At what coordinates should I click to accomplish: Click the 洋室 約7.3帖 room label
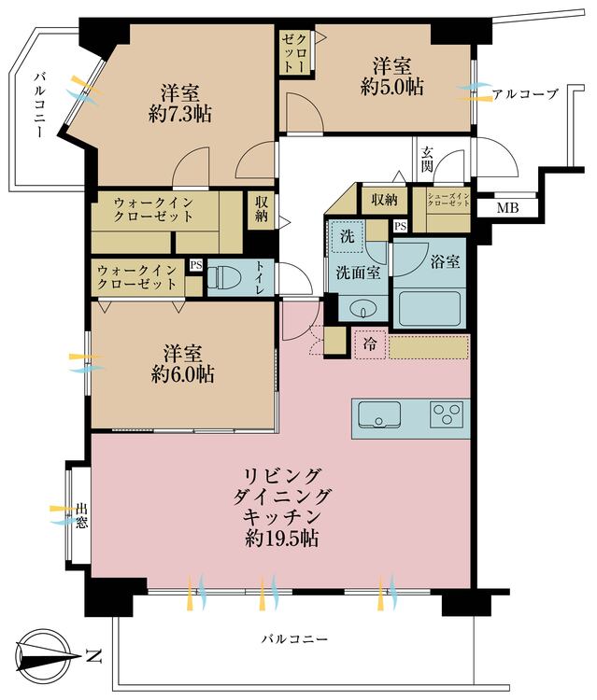coord(180,104)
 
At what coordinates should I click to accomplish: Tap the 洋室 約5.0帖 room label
coord(392,77)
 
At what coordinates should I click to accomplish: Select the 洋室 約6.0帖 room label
coord(182,364)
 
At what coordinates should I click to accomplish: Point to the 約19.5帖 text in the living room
coord(282,539)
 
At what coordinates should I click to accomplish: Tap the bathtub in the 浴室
coord(430,309)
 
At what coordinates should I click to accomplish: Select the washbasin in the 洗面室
coord(362,309)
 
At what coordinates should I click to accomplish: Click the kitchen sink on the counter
coord(379,415)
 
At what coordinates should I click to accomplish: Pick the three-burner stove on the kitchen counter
coord(446,414)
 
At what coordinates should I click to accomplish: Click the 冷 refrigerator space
coord(370,344)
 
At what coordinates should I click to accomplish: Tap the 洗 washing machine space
coord(348,237)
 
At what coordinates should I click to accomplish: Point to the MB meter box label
coord(507,207)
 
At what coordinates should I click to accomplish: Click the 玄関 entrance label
coord(426,160)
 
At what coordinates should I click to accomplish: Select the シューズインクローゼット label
coord(448,199)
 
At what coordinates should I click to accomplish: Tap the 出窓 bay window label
coord(81,515)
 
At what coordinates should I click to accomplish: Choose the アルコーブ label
coord(525,94)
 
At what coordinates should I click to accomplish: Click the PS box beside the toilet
coord(195,265)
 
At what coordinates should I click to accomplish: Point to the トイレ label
coord(261,277)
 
